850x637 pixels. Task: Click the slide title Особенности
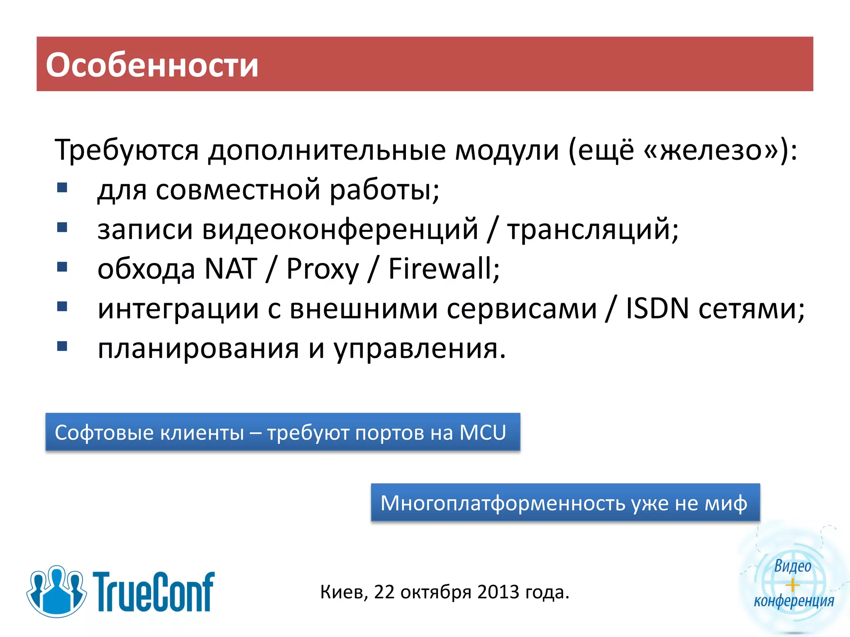coord(152,65)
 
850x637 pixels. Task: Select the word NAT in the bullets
coord(231,269)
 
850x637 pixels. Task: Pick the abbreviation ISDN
coord(657,309)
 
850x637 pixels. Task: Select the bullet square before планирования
coord(62,346)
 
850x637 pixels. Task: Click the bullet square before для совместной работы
coord(62,188)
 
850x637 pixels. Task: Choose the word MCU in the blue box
coord(483,433)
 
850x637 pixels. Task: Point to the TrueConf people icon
coord(56,591)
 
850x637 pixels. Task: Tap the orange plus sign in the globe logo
coord(792,585)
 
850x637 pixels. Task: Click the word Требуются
coord(127,150)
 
